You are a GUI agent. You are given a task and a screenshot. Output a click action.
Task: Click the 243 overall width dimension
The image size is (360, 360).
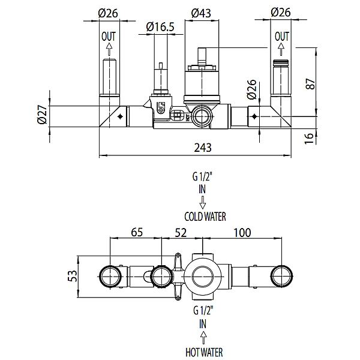point(203,148)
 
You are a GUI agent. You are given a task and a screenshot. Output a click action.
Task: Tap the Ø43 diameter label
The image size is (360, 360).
point(201,13)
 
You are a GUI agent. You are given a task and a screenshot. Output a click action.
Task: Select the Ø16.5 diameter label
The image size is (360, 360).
point(160,27)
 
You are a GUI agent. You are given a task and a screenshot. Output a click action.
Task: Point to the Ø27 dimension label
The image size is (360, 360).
point(42,115)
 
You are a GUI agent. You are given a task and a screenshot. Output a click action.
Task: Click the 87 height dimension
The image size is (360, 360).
point(310,84)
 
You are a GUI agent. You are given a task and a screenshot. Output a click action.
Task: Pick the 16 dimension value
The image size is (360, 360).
point(309,139)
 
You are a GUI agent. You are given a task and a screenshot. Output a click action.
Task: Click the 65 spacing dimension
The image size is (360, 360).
point(137,232)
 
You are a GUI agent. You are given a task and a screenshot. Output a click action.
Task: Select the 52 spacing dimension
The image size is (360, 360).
point(181,233)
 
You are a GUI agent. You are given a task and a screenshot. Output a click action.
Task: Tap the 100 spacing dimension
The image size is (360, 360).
point(242,233)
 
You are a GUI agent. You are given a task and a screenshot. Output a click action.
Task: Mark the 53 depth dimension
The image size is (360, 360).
point(72,276)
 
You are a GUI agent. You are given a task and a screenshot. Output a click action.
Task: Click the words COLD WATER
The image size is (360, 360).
point(205,217)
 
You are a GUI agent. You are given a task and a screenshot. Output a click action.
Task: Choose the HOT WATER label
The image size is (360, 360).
point(204,352)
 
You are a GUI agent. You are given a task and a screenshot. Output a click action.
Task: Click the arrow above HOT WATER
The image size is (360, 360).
point(203,338)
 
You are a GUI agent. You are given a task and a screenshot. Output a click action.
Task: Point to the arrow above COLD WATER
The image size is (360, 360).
point(203,202)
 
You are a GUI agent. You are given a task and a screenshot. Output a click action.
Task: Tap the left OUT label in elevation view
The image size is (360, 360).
point(109,37)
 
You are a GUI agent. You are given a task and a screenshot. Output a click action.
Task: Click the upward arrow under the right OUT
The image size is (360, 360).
point(281,49)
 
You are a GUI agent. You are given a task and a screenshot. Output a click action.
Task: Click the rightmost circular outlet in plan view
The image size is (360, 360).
point(282,276)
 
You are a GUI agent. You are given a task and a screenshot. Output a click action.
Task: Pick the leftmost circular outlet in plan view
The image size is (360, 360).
point(110,276)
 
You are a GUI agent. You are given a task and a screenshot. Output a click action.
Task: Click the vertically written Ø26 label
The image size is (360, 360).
point(251,89)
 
